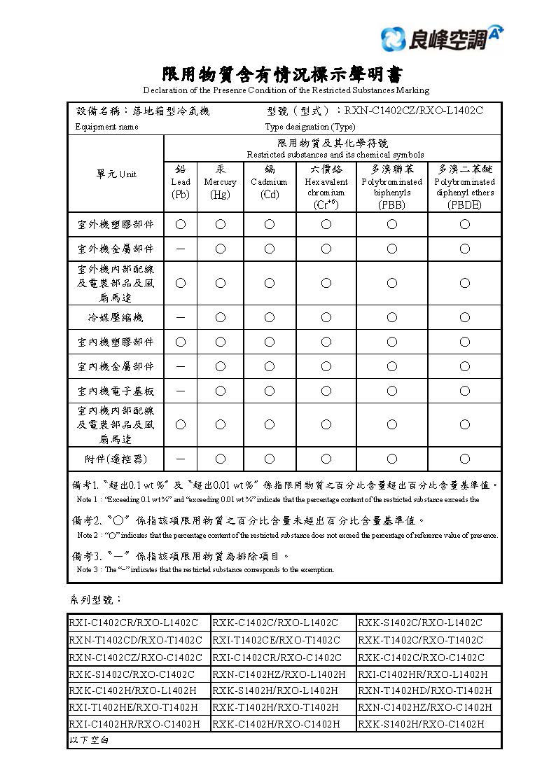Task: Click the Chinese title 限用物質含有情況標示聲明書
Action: [x=284, y=74]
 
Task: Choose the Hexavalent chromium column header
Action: [x=326, y=186]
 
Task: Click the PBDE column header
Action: [x=464, y=186]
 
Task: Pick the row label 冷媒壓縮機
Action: [x=116, y=317]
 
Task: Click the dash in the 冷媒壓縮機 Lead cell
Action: [x=181, y=317]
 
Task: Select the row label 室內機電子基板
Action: [x=116, y=390]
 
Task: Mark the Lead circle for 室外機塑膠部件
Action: [x=181, y=224]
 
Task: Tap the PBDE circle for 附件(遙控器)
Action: [x=464, y=459]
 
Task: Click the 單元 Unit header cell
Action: [x=116, y=174]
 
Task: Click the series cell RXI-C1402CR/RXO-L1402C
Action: [x=133, y=623]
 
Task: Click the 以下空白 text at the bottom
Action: [x=88, y=739]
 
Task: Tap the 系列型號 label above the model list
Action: [x=96, y=600]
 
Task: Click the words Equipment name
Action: [x=106, y=127]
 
